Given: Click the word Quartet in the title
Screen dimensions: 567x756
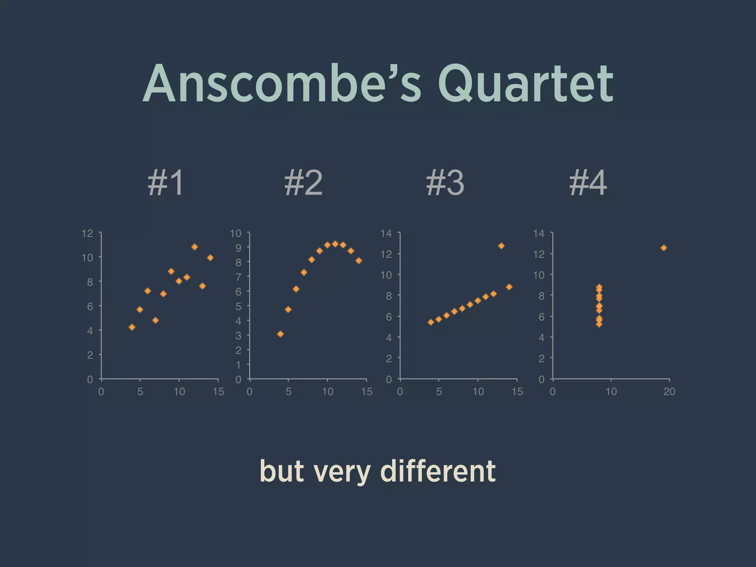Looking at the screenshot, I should pyautogui.click(x=526, y=84).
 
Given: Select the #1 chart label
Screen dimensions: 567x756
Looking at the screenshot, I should pyautogui.click(x=165, y=183).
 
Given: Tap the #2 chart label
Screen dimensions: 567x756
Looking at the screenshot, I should pyautogui.click(x=303, y=183).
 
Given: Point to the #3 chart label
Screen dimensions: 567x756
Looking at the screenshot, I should pyautogui.click(x=445, y=183).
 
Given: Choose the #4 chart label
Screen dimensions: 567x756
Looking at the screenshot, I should pyautogui.click(x=588, y=183).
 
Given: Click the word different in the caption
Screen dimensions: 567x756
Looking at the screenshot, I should pyautogui.click(x=438, y=471).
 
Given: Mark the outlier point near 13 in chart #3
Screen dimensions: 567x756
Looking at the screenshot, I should pyautogui.click(x=501, y=246).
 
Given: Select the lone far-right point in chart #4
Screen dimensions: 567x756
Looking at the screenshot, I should pyautogui.click(x=664, y=248).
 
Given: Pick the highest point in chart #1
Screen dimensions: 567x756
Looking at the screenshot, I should pyautogui.click(x=195, y=247).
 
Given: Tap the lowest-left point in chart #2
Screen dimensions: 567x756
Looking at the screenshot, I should pyautogui.click(x=280, y=334).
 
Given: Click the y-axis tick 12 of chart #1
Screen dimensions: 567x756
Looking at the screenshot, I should pyautogui.click(x=87, y=233).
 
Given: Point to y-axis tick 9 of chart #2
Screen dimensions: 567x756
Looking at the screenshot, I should pyautogui.click(x=238, y=248).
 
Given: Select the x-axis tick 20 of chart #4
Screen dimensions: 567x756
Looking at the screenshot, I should pyautogui.click(x=669, y=392).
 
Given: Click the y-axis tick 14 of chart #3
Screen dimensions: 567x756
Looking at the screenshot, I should pyautogui.click(x=386, y=233).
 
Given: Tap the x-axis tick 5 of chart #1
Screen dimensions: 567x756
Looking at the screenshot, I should pyautogui.click(x=140, y=392).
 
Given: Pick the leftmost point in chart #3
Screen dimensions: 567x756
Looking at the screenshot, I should pyautogui.click(x=431, y=322).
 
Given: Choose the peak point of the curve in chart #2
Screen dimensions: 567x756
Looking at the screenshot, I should pyautogui.click(x=335, y=244).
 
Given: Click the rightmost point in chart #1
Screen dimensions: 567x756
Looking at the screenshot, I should pyautogui.click(x=210, y=258).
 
